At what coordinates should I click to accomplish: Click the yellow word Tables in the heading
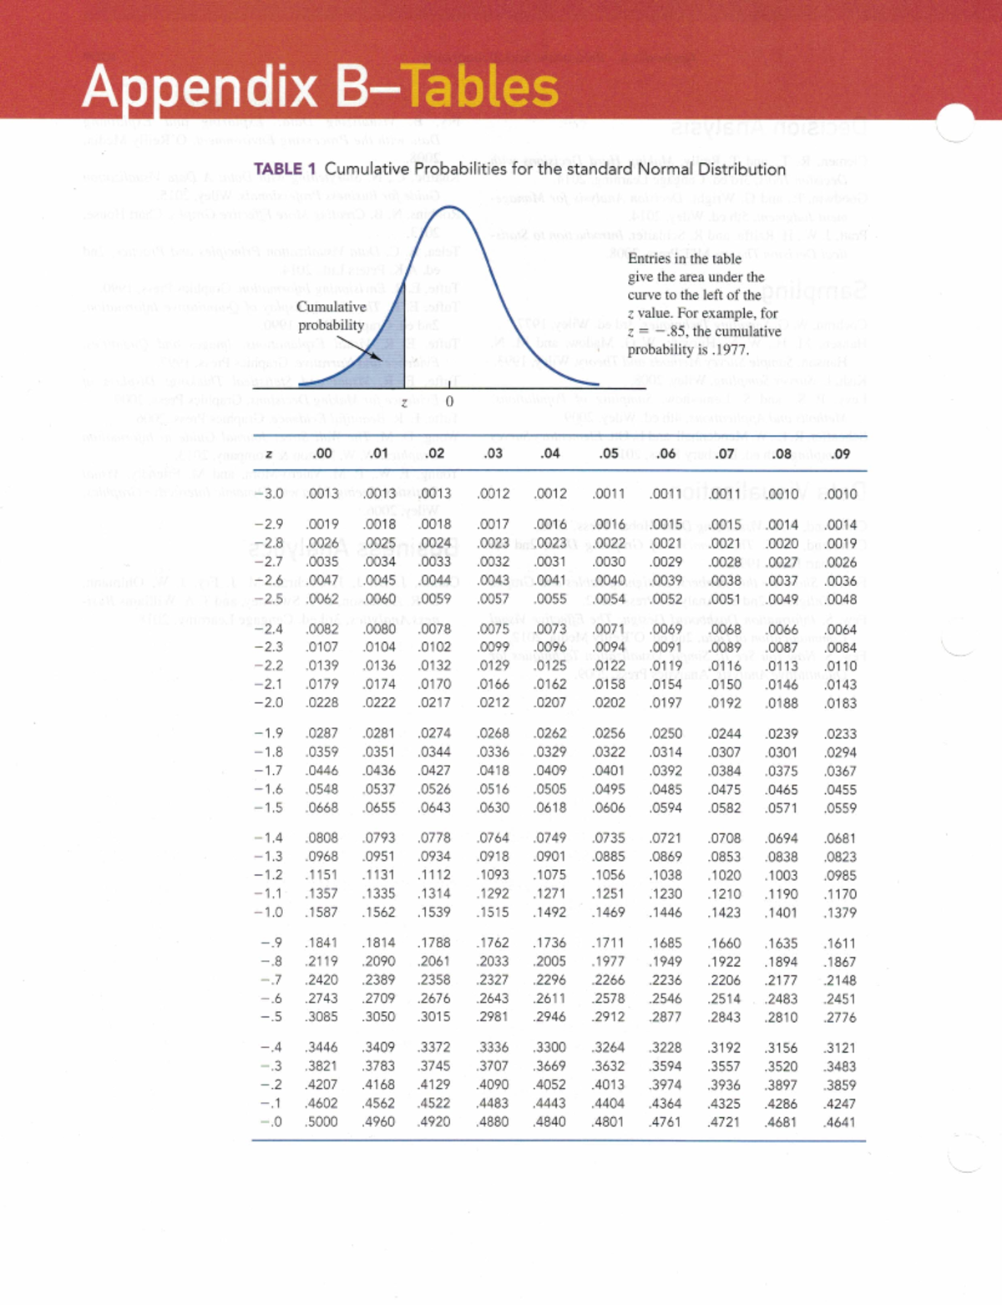483,87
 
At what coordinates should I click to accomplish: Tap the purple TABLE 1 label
278,169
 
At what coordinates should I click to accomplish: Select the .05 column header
609,453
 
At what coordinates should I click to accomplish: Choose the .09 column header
840,453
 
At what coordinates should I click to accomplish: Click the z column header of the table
269,453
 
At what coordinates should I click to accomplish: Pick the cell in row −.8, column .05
609,962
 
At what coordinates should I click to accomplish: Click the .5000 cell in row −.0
321,1122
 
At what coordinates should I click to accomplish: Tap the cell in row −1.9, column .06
665,734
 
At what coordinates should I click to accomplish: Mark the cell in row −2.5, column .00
322,599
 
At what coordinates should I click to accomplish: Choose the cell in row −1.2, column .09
840,876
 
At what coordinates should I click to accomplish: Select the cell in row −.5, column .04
550,1017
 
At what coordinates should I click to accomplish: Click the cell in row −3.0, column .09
840,494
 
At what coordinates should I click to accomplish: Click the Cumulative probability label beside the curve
331,316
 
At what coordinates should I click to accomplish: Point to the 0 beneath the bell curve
449,402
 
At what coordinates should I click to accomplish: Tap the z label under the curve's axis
404,403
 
